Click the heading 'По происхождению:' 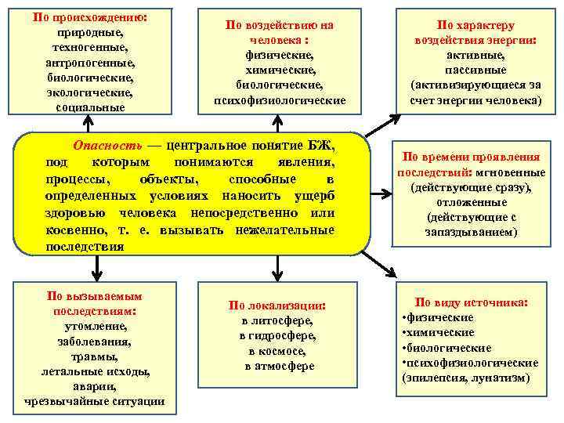[89, 16]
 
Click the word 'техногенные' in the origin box [89, 48]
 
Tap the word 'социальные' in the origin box [89, 107]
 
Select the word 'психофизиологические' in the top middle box [280, 100]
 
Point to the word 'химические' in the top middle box [280, 70]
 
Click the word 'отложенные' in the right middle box [470, 202]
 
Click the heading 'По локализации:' [277, 305]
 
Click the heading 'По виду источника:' [472, 302]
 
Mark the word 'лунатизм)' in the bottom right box [502, 378]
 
